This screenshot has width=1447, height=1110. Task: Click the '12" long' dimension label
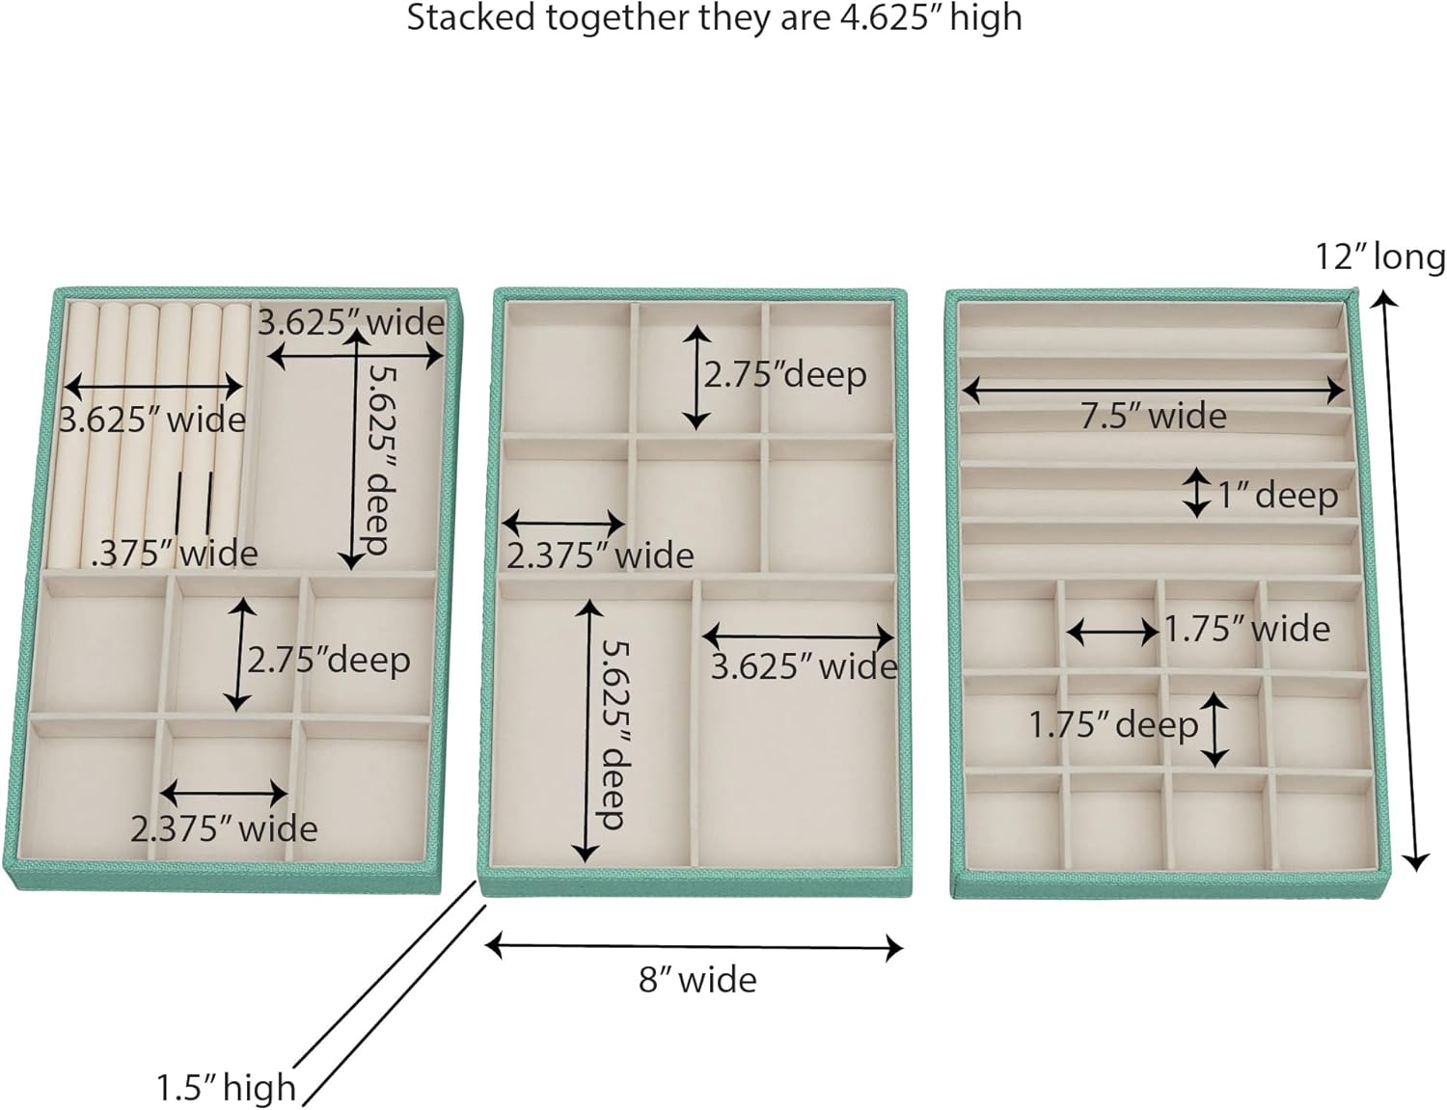pyautogui.click(x=1380, y=258)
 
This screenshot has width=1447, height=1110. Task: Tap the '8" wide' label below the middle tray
pyautogui.click(x=697, y=980)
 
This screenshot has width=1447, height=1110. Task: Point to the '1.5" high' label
pyautogui.click(x=227, y=1088)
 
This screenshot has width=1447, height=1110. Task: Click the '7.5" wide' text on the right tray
pyautogui.click(x=1153, y=416)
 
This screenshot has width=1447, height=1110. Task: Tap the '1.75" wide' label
pyautogui.click(x=1246, y=629)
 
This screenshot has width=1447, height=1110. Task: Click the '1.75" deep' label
pyautogui.click(x=1113, y=724)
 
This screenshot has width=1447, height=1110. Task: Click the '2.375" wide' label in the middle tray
pyautogui.click(x=600, y=555)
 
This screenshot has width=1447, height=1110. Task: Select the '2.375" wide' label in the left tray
pyautogui.click(x=224, y=828)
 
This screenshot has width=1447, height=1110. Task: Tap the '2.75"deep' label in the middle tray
pyautogui.click(x=784, y=374)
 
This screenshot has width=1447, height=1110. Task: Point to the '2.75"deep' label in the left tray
pyautogui.click(x=328, y=661)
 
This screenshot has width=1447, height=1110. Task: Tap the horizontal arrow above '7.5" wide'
pyautogui.click(x=1153, y=390)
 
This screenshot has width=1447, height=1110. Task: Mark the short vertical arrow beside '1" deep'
pyautogui.click(x=1196, y=493)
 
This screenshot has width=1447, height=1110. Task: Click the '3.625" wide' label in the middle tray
pyautogui.click(x=804, y=666)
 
